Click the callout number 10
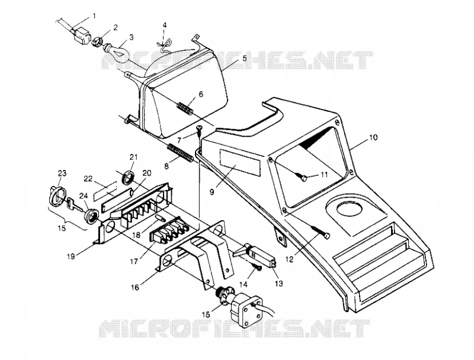(x=373, y=137)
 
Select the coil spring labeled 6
(x=185, y=108)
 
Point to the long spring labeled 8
(x=180, y=153)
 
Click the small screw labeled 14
(x=257, y=267)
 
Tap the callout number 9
(x=212, y=191)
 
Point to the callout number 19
(x=71, y=256)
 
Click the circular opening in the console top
(x=349, y=209)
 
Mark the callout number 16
(x=135, y=287)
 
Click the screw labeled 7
(x=199, y=130)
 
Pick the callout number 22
(x=88, y=179)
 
